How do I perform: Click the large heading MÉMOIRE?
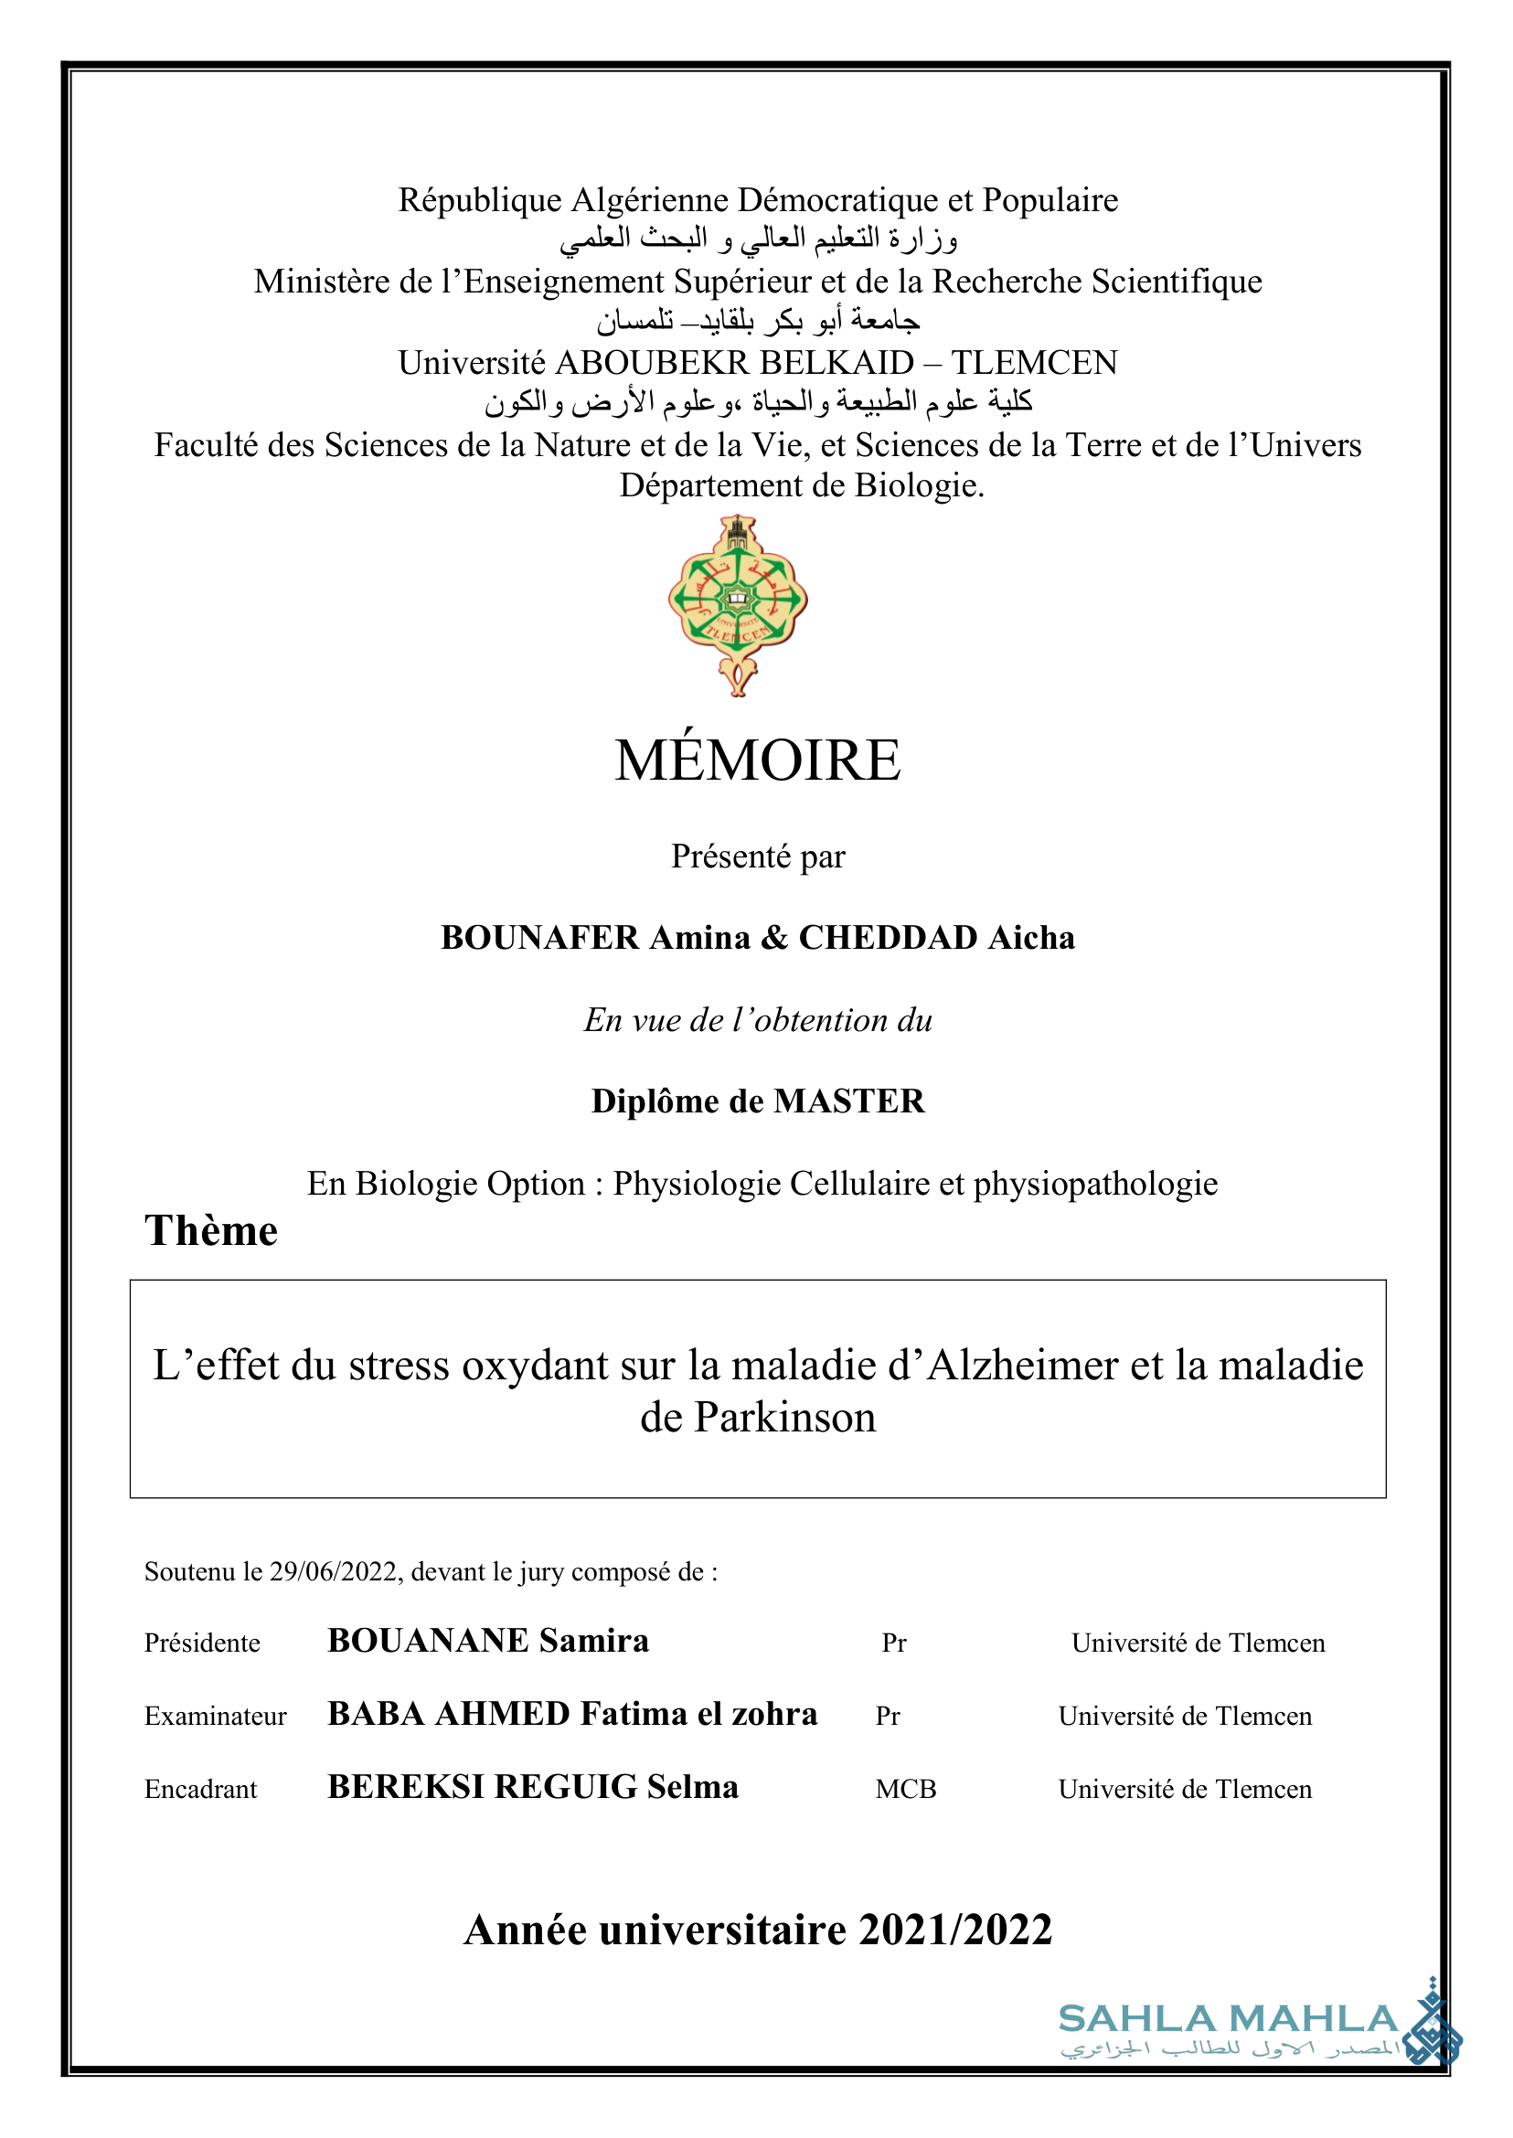point(758,761)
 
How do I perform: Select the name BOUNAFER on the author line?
point(539,938)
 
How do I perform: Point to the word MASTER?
point(848,1102)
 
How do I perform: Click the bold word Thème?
point(210,1230)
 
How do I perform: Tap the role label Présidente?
point(202,1643)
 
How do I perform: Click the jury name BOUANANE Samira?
point(488,1641)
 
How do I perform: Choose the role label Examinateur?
point(215,1716)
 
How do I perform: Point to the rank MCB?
point(906,1789)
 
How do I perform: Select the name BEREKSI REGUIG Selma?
point(533,1787)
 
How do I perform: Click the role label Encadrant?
point(200,1789)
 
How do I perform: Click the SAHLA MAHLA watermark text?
point(1228,2019)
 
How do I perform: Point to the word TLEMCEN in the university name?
point(1034,363)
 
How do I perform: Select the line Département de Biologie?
point(801,485)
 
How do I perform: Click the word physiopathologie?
point(1095,1183)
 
